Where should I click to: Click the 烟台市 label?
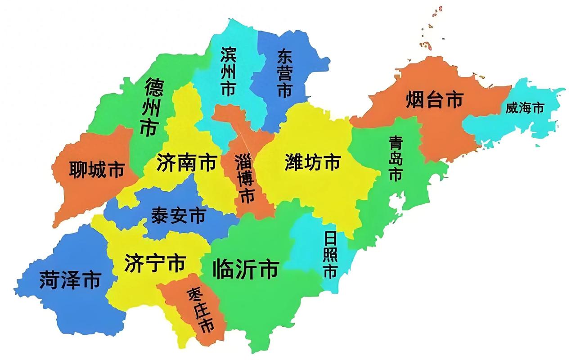point(434,100)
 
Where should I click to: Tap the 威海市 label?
point(525,108)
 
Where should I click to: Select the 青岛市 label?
point(396,159)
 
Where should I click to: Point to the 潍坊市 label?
point(313,162)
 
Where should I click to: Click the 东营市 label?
point(284,74)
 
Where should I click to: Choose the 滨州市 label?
point(228,72)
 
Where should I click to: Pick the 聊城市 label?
point(97,170)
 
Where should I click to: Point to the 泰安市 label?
point(179,216)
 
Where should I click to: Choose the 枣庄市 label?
point(200,310)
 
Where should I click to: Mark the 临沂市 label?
point(246,270)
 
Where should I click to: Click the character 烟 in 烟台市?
point(415,100)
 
